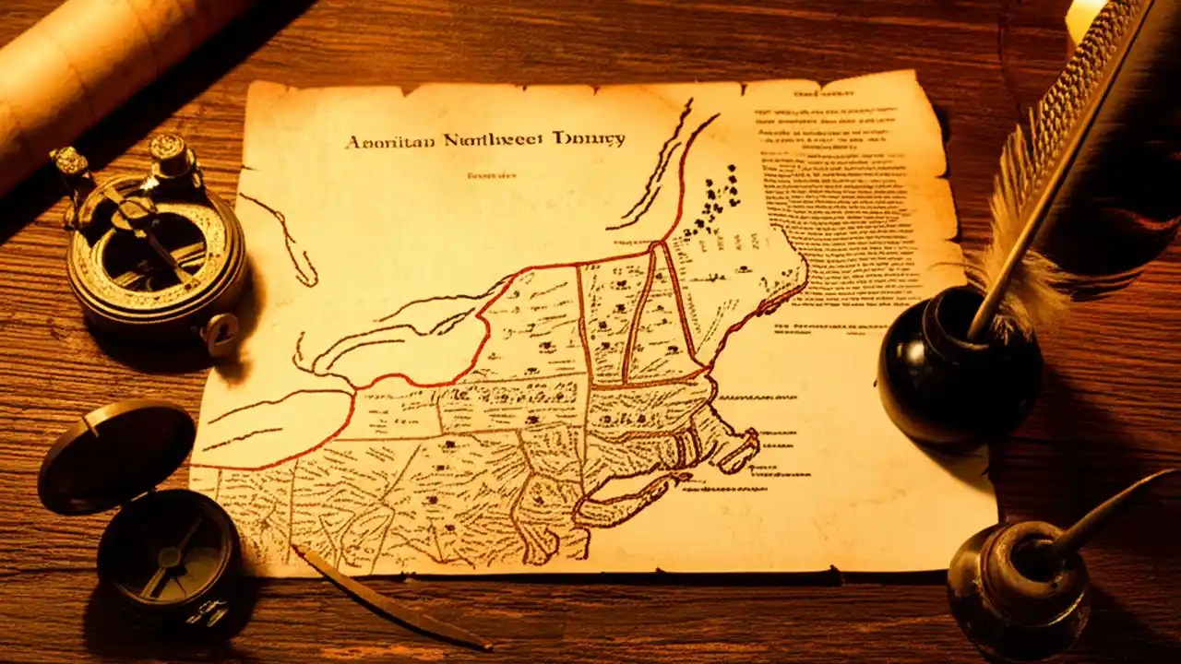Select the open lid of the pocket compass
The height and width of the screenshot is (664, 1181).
pyautogui.click(x=116, y=457)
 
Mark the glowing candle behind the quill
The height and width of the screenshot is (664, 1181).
pyautogui.click(x=1084, y=18)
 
